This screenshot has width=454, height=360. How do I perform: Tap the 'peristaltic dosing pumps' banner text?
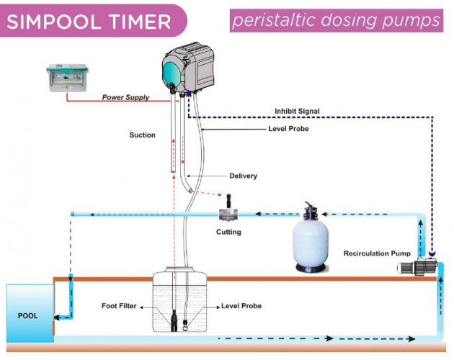pos(336,21)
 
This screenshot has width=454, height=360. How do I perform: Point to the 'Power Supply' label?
pos(125,97)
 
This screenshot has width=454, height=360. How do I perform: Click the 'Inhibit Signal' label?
pos(297,111)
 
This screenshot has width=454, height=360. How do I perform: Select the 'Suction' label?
pos(142,135)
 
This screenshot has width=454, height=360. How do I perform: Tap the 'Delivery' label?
pos(243,176)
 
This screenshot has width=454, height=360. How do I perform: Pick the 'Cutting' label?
pos(228,232)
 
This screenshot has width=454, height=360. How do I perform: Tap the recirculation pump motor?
pos(417,268)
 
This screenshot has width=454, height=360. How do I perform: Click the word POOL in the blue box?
pos(28,315)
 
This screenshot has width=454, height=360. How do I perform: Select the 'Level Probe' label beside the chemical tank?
pos(241,306)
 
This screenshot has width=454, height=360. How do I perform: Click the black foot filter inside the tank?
pos(174,318)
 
